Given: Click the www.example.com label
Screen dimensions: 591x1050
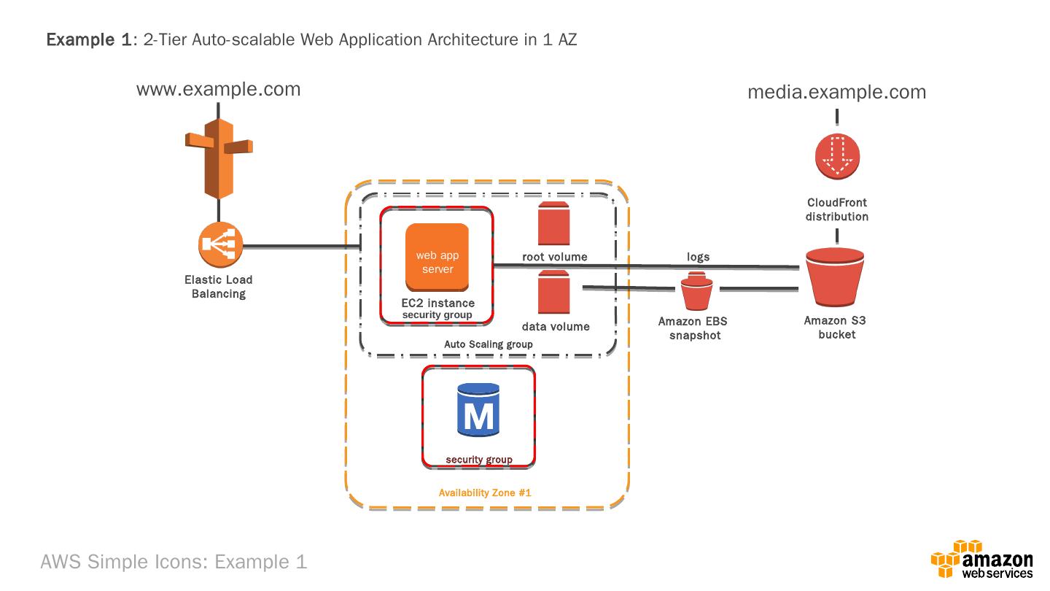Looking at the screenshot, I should click(218, 89).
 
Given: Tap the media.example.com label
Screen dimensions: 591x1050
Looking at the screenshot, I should click(837, 92).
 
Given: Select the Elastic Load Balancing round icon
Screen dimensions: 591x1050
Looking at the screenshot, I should click(219, 244).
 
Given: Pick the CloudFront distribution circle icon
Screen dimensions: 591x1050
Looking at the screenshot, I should click(837, 155).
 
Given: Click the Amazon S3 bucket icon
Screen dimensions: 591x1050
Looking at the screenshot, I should click(836, 279).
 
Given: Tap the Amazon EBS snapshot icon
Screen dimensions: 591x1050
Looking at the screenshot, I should click(697, 291).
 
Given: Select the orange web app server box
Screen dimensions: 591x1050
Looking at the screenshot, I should click(437, 256).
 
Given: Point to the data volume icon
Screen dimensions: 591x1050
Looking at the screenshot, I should click(553, 292).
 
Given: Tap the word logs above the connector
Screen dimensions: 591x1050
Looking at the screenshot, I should click(698, 257).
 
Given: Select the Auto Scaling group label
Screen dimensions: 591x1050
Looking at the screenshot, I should click(489, 344).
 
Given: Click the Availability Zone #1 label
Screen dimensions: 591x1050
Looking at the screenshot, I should click(485, 492).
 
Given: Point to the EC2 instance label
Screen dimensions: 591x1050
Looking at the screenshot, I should click(437, 303).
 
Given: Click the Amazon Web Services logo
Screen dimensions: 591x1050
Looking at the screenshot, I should click(981, 560).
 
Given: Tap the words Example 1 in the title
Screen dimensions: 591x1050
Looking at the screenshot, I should click(87, 39).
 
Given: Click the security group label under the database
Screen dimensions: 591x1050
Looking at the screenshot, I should click(479, 460).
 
